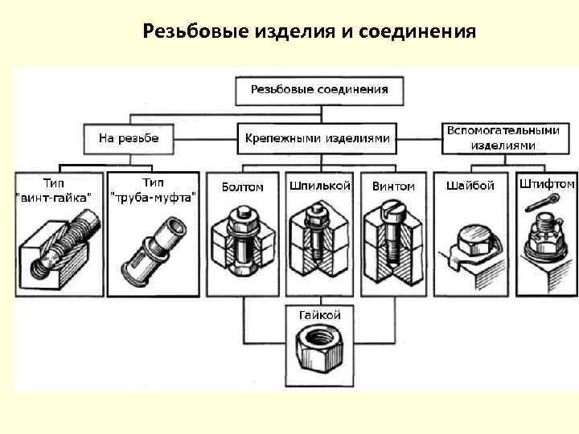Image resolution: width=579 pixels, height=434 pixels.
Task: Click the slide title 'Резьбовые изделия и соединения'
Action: pyautogui.click(x=309, y=31)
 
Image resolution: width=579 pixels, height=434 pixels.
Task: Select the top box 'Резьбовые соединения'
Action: pyautogui.click(x=318, y=90)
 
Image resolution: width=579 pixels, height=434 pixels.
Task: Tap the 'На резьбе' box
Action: pyautogui.click(x=129, y=138)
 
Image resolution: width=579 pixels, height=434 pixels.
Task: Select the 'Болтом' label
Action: pyautogui.click(x=242, y=187)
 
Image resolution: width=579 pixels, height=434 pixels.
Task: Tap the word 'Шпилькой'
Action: pyautogui.click(x=319, y=186)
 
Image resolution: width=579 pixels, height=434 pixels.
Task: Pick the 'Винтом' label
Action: pyautogui.click(x=393, y=186)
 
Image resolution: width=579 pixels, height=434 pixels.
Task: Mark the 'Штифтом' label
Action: pyautogui.click(x=546, y=184)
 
